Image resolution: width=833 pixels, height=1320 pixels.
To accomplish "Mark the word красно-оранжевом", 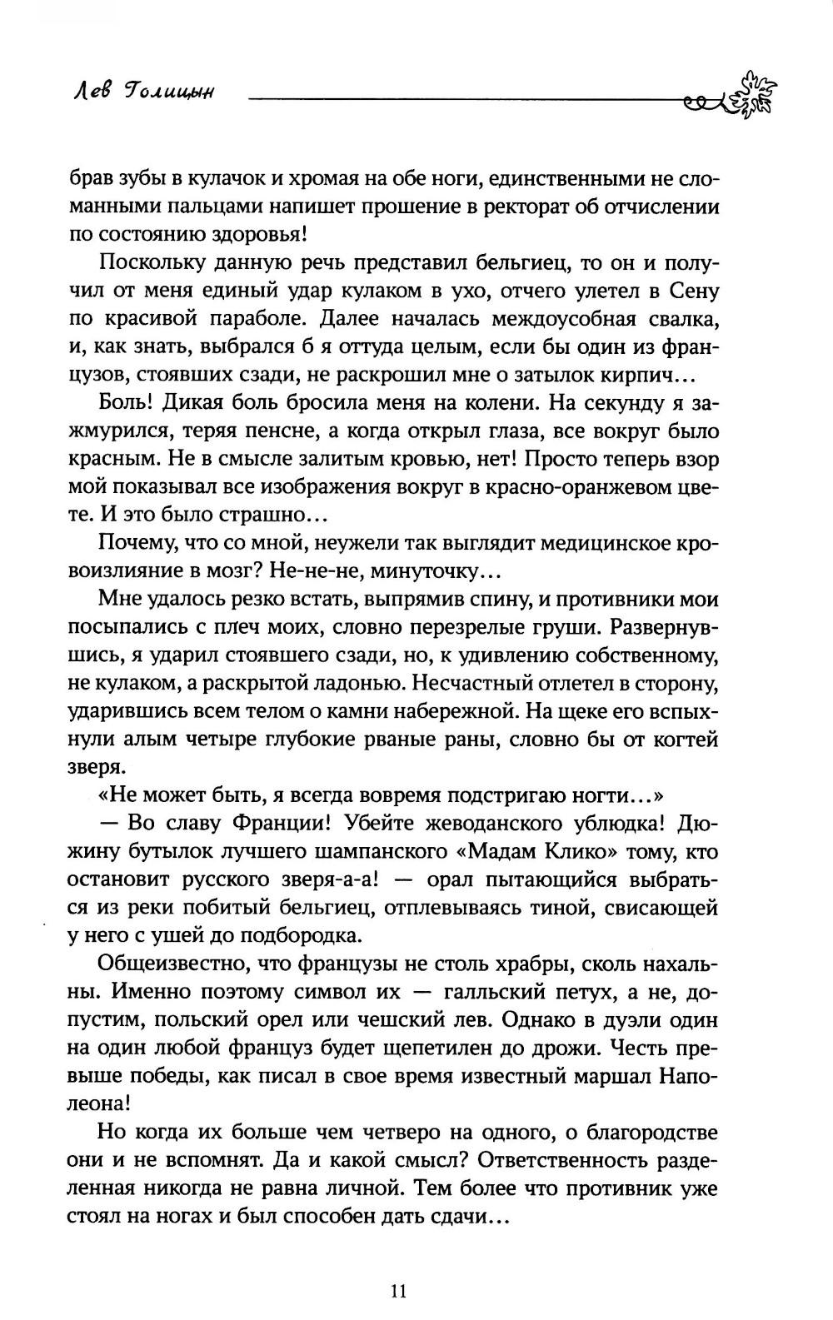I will (x=575, y=488).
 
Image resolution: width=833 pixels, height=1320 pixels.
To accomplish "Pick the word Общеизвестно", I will (x=176, y=964).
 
